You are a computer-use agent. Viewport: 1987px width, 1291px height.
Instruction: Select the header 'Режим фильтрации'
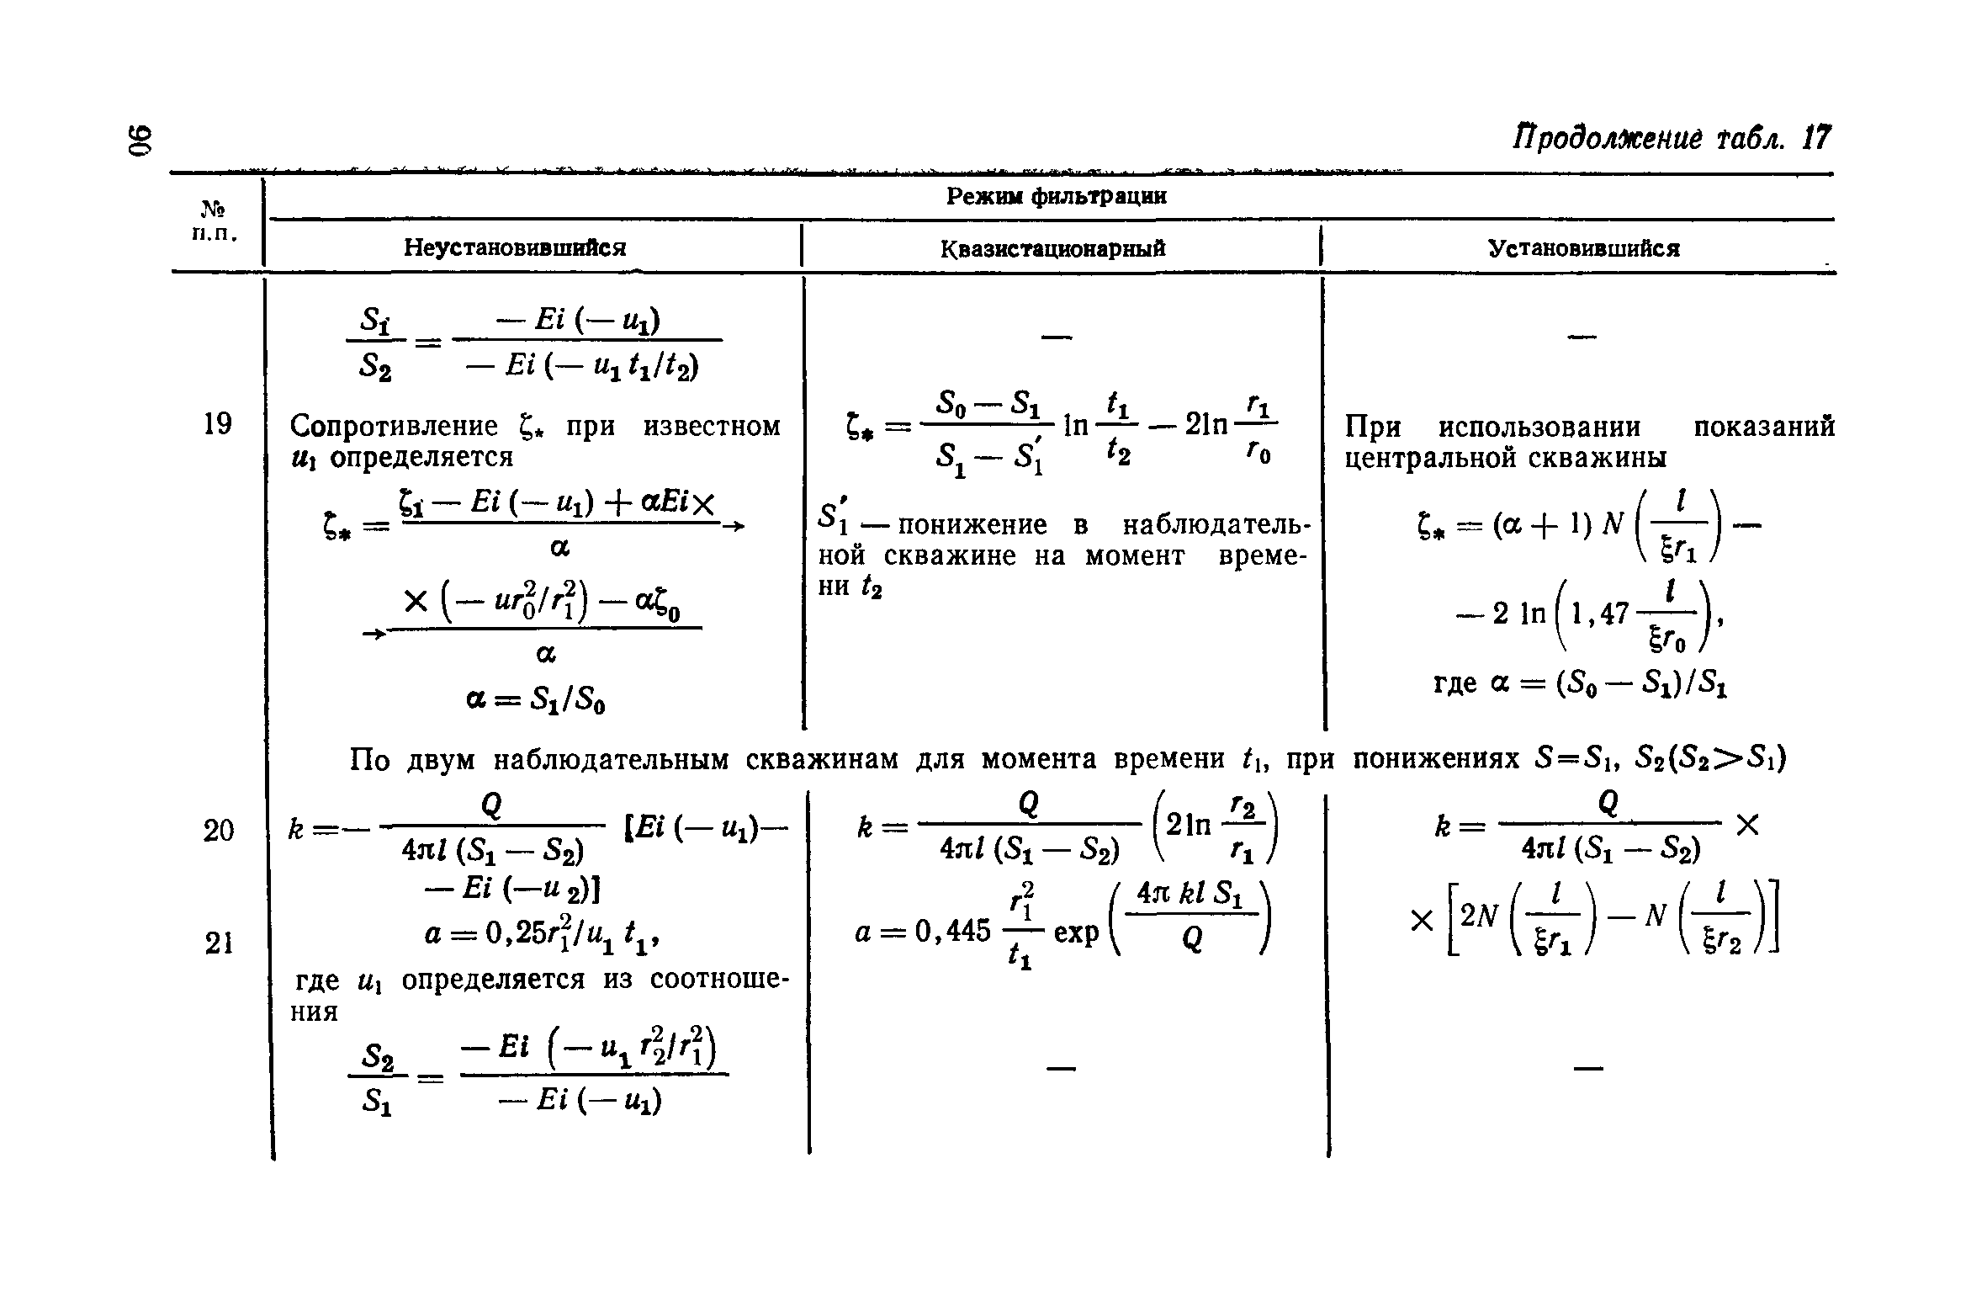pyautogui.click(x=1057, y=197)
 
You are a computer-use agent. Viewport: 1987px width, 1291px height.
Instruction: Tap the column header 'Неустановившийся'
pyautogui.click(x=515, y=247)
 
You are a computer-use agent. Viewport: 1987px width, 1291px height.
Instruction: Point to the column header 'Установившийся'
pyautogui.click(x=1583, y=249)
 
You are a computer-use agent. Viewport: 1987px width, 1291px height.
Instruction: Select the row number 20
pyautogui.click(x=218, y=831)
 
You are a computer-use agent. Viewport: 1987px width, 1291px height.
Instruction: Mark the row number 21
pyautogui.click(x=218, y=944)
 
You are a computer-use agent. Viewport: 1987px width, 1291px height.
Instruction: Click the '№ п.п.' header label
pyautogui.click(x=215, y=220)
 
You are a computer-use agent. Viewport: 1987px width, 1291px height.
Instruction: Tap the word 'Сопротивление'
pyautogui.click(x=394, y=427)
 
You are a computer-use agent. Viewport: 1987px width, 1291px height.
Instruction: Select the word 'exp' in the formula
pyautogui.click(x=1076, y=932)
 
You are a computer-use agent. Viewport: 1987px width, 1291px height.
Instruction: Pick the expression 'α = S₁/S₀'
pyautogui.click(x=536, y=699)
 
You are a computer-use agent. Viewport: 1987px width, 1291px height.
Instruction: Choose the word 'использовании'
pyautogui.click(x=1539, y=427)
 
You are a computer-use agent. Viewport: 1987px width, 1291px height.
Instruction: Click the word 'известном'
pyautogui.click(x=712, y=427)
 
